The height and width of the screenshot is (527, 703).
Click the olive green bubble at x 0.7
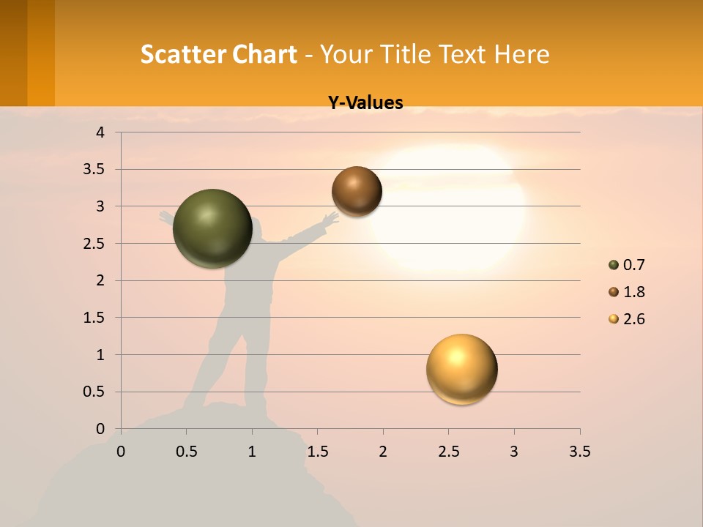[x=212, y=228]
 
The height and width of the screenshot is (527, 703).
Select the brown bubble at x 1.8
[x=357, y=191]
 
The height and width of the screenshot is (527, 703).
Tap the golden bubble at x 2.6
[x=461, y=369]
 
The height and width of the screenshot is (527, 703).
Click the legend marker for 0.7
[x=614, y=265]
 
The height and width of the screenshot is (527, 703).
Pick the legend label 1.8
[x=633, y=292]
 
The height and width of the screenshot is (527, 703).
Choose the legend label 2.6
[x=633, y=319]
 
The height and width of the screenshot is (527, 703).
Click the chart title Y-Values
[x=365, y=102]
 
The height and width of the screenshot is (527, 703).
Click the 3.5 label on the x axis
[x=579, y=452]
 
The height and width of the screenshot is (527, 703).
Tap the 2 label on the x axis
[x=383, y=452]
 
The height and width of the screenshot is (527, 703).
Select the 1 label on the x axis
[x=252, y=452]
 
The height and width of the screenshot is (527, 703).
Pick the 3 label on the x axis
[x=514, y=452]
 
